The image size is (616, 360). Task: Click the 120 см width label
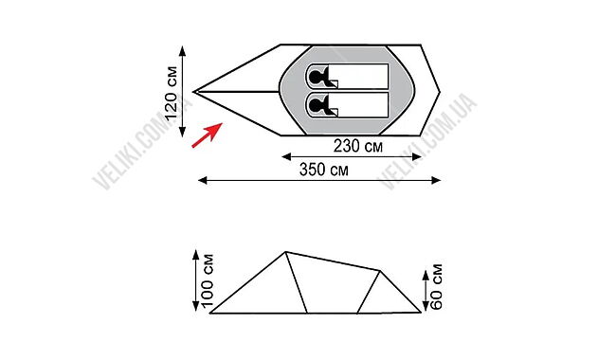pos(172,94)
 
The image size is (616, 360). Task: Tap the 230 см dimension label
pos(358,146)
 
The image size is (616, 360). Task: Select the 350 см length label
pos(324,170)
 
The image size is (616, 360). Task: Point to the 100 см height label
pos(207,279)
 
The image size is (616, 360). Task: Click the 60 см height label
pos(436,287)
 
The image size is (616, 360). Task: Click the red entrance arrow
pos(207,135)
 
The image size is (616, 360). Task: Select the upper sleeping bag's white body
pos(358,76)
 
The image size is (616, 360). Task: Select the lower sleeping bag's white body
pos(358,105)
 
